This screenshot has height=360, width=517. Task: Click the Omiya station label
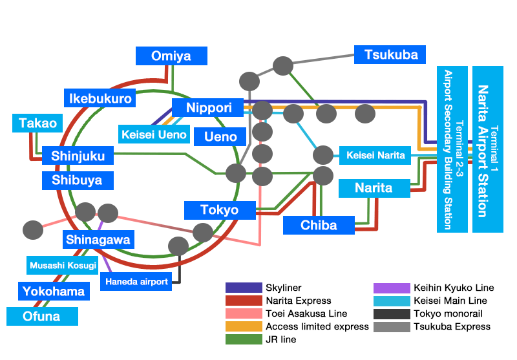point(171,56)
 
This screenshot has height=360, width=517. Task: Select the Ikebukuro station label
point(100,98)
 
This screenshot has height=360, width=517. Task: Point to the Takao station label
point(37,123)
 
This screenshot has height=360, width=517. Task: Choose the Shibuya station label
point(77,180)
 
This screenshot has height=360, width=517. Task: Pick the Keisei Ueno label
point(154,134)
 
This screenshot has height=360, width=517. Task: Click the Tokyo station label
point(219,210)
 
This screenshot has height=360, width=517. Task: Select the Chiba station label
point(319,225)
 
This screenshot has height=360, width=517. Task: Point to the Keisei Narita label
point(375,155)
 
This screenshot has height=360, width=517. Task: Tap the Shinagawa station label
point(98,240)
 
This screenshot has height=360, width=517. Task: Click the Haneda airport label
point(137,281)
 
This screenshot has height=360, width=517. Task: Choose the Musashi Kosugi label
point(63,265)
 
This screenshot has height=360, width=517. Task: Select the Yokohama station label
point(54,291)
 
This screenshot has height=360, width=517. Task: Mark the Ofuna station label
point(42,316)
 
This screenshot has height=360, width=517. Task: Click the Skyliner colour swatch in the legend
point(243,288)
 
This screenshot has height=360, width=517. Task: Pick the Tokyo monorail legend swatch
point(392,313)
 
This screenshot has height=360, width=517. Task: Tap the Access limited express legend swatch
point(243,326)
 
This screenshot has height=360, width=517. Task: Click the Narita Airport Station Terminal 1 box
point(487,149)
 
